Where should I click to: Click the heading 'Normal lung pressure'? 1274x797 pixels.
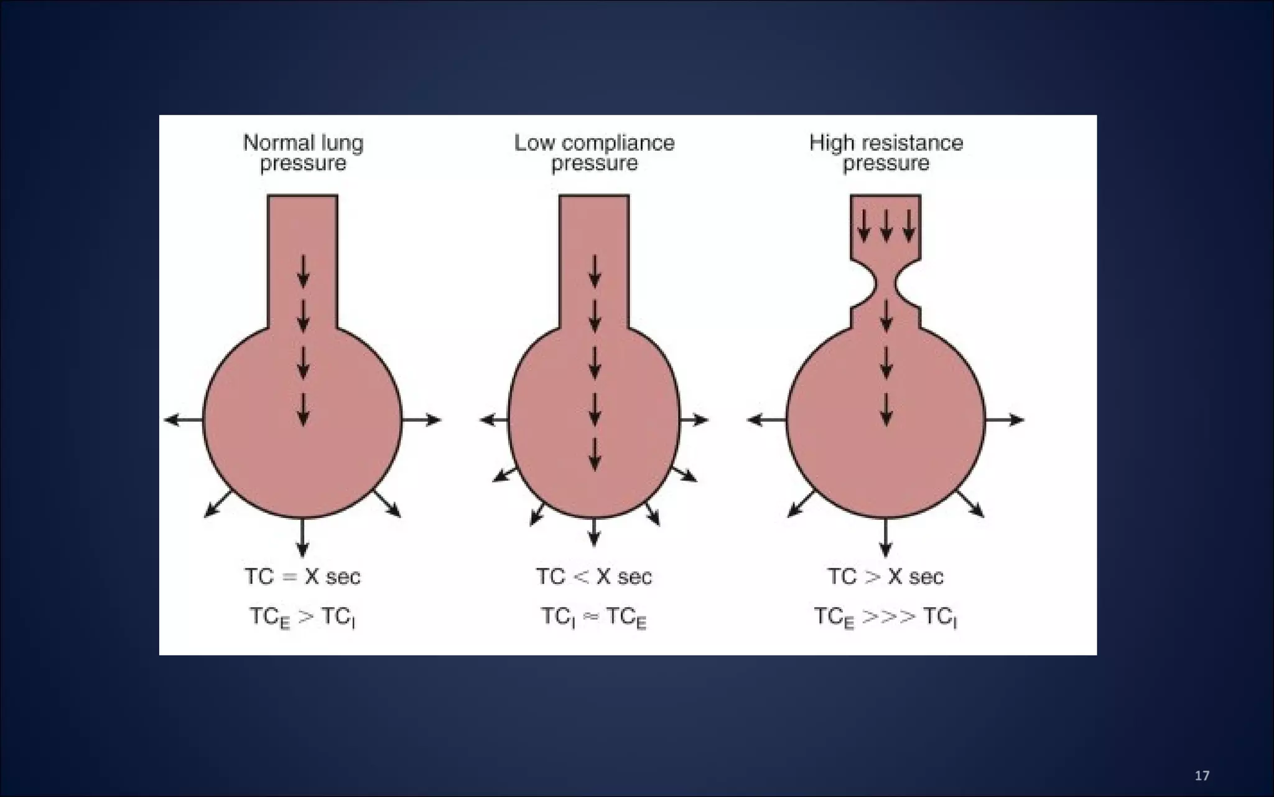pos(303,153)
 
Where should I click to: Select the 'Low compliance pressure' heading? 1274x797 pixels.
pos(594,153)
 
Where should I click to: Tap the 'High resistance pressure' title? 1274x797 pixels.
pos(886,153)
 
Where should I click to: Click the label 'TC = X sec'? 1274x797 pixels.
pos(302,577)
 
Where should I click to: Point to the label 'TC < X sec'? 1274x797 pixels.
pos(594,577)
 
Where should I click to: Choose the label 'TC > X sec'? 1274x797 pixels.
pos(885,577)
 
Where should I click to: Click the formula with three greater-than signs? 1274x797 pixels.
pos(885,617)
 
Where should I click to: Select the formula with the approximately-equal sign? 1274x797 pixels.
pos(594,617)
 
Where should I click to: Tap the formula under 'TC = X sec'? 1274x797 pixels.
pos(302,617)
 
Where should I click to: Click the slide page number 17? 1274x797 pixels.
pos(1202,775)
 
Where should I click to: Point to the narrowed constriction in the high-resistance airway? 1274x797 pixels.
pos(886,286)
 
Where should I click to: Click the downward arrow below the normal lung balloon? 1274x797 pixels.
pos(303,537)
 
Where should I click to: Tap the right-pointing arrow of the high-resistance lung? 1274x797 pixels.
pos(1004,420)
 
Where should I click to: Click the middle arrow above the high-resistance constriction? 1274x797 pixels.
pos(886,225)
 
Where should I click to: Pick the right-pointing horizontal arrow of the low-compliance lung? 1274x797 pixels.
pos(694,420)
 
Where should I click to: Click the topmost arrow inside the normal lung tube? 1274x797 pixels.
pos(303,271)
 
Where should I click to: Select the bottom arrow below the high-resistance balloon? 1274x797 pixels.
pos(886,537)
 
